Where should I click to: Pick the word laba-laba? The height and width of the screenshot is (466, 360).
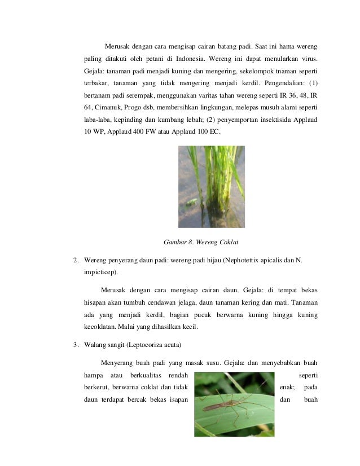(97, 120)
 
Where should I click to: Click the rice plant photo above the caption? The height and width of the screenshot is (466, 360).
(211, 187)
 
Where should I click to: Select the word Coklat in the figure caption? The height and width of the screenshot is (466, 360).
(229, 243)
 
